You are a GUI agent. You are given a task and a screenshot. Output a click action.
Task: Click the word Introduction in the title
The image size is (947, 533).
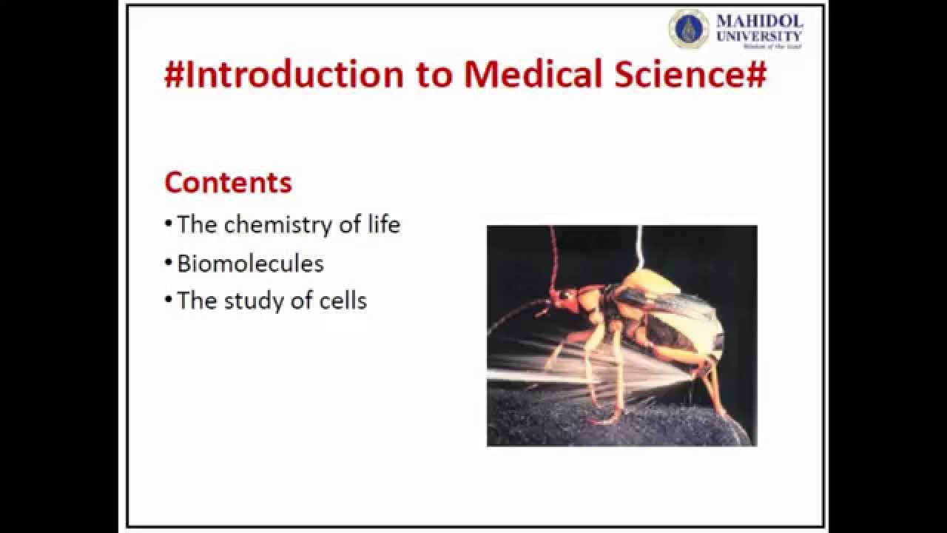coord(294,75)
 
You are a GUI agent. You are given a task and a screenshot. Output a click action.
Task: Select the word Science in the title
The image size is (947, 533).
coord(670,75)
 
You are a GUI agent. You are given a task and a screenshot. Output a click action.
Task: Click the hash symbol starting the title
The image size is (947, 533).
coord(173,76)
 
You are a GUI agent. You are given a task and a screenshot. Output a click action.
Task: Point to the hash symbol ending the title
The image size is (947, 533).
coord(756,76)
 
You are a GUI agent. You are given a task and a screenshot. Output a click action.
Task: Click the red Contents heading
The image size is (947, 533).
coord(228,182)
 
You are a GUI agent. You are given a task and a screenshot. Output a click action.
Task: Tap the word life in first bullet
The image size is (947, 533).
coord(383,224)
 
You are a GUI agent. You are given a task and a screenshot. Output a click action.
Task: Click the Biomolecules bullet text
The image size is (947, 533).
coord(250,264)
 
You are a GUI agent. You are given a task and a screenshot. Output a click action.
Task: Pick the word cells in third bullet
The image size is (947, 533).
coord(343,301)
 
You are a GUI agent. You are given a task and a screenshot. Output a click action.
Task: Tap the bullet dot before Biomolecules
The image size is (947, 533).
coord(169,263)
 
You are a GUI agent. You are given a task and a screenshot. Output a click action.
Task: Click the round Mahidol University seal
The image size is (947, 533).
coord(688,29)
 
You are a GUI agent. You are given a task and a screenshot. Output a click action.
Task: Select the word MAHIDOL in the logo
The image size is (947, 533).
coord(759,21)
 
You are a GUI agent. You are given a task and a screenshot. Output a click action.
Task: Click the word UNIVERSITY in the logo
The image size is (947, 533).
coord(759,36)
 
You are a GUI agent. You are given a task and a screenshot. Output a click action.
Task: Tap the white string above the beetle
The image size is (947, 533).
coord(639,248)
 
